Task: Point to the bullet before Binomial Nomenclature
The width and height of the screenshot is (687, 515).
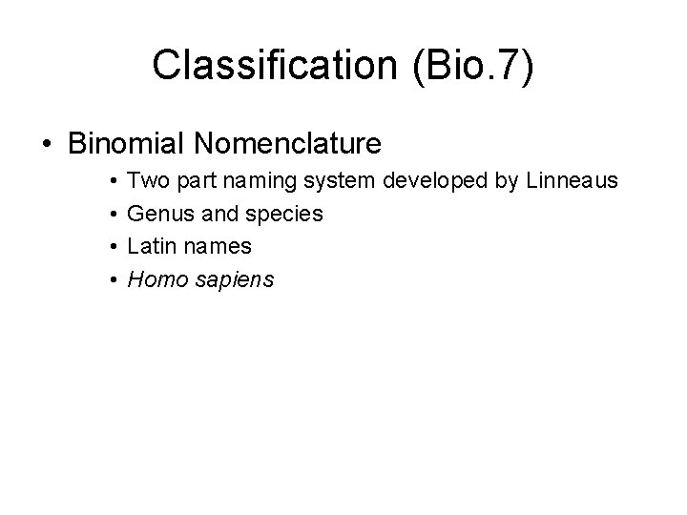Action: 47,145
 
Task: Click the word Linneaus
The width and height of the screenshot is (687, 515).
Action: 572,179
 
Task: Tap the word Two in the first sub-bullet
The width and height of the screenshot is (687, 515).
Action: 146,179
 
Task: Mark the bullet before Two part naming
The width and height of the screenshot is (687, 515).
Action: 113,180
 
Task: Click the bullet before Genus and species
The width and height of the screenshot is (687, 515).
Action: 113,214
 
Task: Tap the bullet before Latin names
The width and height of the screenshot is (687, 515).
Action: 113,247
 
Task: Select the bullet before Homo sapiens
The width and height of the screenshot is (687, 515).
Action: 113,280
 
